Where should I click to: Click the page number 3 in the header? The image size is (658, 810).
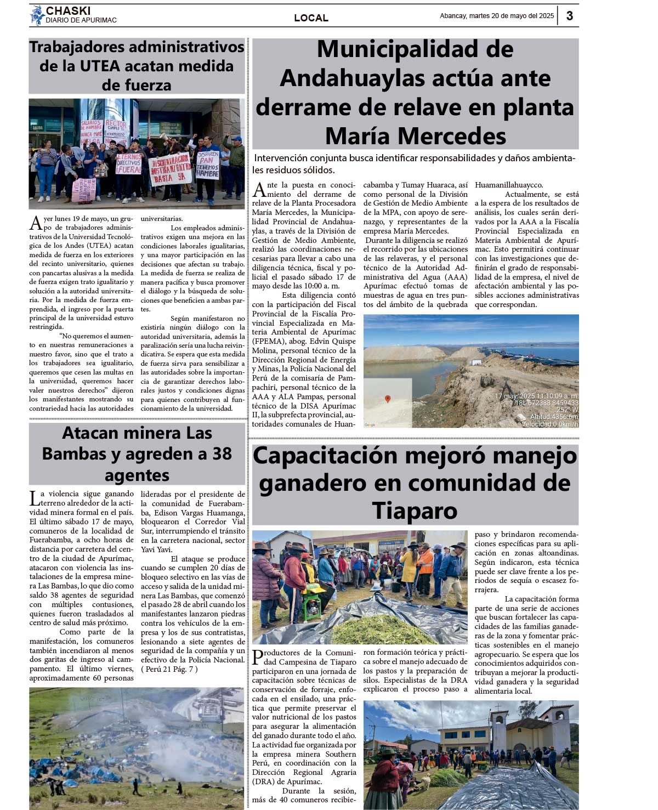point(570,16)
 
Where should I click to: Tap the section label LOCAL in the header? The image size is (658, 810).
point(311,18)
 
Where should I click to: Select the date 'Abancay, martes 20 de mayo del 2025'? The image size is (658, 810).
point(497,16)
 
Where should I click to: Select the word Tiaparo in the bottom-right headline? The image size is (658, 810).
point(415,511)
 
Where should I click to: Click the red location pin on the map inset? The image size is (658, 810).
point(388,399)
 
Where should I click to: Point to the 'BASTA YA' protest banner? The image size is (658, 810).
point(171,169)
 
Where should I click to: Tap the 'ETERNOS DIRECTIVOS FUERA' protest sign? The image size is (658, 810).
point(128,163)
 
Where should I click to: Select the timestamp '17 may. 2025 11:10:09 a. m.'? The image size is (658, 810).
point(536,396)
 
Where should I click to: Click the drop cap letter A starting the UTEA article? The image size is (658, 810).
point(36,223)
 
